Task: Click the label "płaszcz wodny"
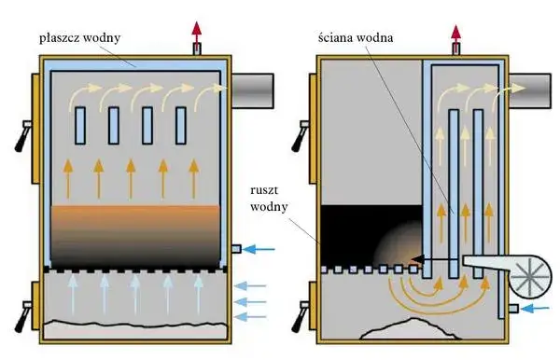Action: click(79, 38)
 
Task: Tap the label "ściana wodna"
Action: click(356, 37)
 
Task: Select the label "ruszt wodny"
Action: click(269, 199)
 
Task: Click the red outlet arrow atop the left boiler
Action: click(196, 32)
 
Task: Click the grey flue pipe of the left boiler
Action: click(252, 90)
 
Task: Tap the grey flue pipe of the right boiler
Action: click(529, 90)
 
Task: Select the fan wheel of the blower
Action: click(530, 278)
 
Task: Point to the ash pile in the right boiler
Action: click(411, 328)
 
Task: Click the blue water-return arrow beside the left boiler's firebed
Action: click(260, 249)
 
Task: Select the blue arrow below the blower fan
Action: click(536, 308)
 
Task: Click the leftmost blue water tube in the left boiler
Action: click(80, 126)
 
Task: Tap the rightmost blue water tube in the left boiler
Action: click(181, 126)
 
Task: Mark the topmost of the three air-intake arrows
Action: click(251, 285)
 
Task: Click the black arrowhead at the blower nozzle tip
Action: click(418, 259)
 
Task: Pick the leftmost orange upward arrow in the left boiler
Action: click(68, 179)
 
